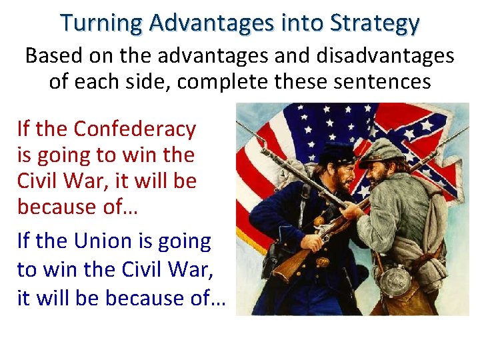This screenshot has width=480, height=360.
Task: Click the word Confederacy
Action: click(x=135, y=129)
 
